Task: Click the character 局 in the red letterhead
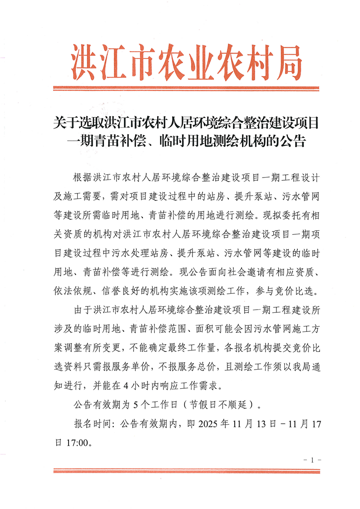[284, 61]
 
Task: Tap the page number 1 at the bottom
[312, 460]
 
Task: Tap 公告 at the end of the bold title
[293, 141]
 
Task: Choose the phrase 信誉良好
[125, 290]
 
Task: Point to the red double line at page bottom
[187, 471]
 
